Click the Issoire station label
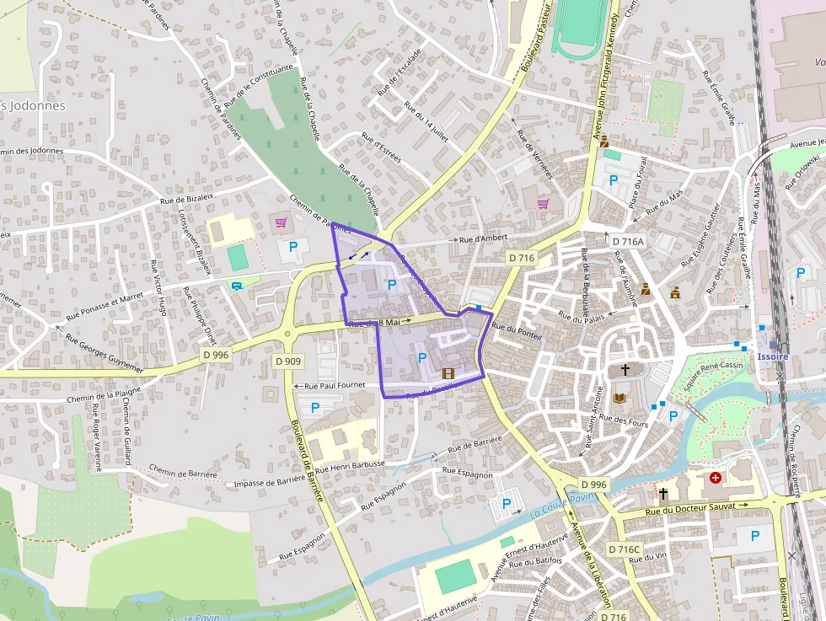(773, 356)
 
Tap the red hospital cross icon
(716, 478)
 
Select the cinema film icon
(448, 373)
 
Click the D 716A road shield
(627, 241)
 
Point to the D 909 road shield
(287, 361)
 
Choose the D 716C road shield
(625, 549)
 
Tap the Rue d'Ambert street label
(483, 239)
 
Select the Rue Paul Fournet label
(335, 386)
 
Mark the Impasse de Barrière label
(269, 481)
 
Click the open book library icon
(622, 397)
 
